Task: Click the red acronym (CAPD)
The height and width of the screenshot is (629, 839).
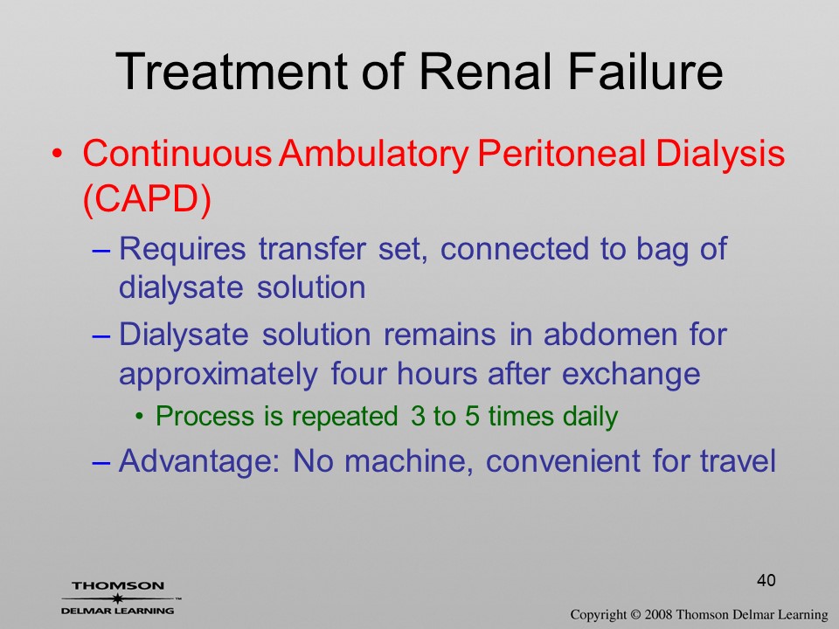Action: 147,199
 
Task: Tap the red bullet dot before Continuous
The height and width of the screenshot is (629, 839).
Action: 58,154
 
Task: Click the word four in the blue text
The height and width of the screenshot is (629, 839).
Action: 357,373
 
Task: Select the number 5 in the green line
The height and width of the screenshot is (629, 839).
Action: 472,416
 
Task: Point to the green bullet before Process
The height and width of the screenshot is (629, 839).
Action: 140,416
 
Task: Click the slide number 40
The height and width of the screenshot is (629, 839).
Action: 766,580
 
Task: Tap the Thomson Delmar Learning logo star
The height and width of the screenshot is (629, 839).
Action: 117,598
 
